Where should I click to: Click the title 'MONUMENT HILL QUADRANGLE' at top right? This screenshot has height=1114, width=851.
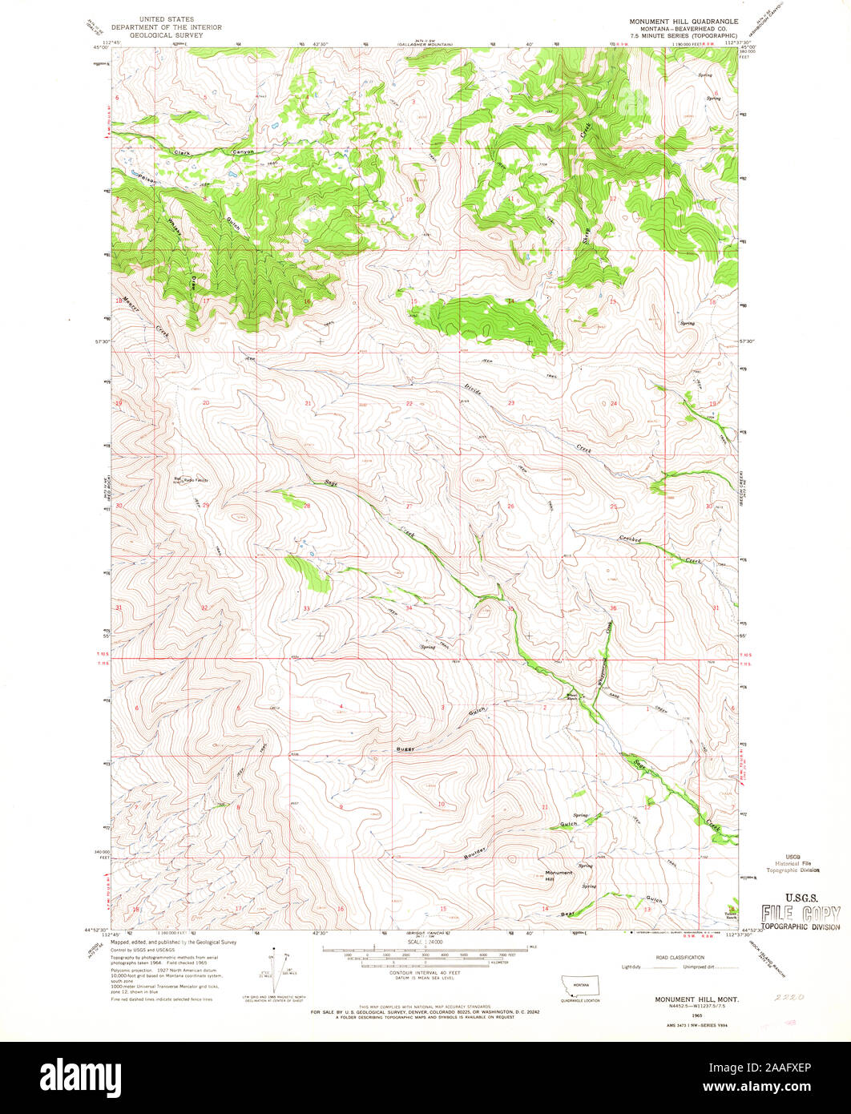point(683,22)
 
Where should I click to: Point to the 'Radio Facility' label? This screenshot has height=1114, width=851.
point(196,480)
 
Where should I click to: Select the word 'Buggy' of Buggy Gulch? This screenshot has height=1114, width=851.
point(405,748)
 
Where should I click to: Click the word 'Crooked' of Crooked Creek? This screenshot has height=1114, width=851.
point(630,541)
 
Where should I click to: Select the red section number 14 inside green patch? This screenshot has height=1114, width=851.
point(509,301)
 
